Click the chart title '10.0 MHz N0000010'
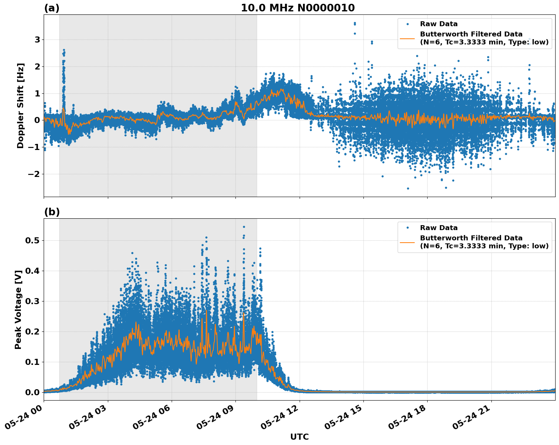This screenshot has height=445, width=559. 298,8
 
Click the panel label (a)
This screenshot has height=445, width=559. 52,8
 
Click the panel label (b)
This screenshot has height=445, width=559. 52,212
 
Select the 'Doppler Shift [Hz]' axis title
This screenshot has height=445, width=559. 21,106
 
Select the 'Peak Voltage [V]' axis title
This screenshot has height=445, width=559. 18,309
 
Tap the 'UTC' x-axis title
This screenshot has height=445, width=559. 299,437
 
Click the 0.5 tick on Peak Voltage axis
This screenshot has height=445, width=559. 33,241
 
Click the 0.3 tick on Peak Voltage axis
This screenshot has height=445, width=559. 33,301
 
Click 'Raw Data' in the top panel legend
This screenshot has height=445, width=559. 439,24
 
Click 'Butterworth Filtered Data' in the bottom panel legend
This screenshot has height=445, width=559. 471,238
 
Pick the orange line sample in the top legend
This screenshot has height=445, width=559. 407,38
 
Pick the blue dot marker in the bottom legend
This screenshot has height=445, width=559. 407,228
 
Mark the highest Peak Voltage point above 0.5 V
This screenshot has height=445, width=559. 244,227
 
